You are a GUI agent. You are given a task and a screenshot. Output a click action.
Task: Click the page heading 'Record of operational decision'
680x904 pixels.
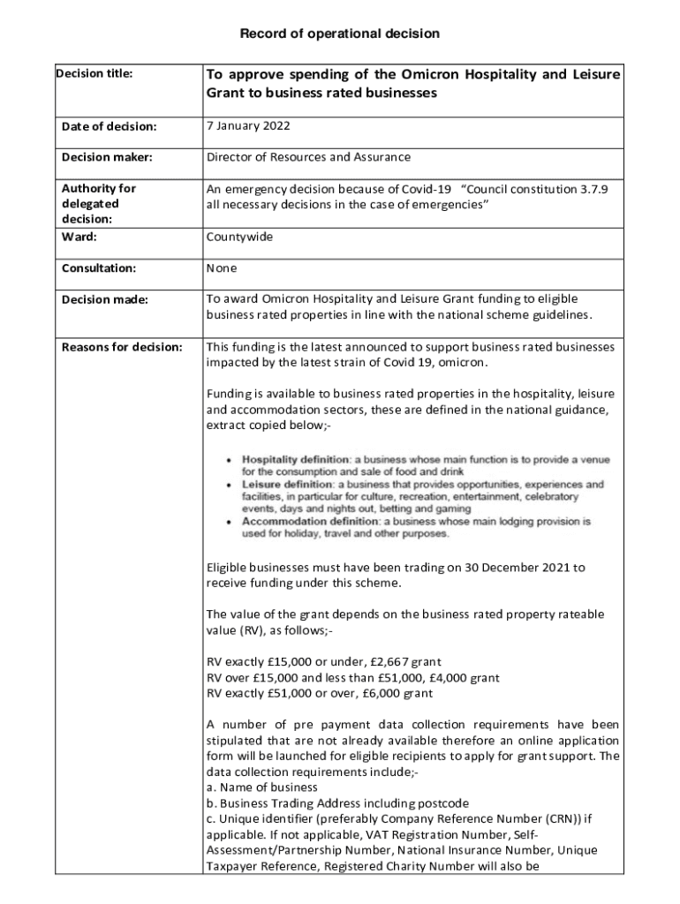tap(340, 34)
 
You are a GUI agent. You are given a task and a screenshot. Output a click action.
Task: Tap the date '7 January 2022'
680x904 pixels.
tap(248, 126)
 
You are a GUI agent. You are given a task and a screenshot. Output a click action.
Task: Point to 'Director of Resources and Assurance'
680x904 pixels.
tap(308, 157)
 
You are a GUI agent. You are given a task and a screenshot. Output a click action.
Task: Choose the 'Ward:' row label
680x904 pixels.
tap(79, 237)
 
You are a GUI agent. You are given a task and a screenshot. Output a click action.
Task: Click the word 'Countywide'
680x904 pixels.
tap(239, 237)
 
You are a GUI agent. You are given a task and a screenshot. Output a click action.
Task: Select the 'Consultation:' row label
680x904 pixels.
tap(99, 267)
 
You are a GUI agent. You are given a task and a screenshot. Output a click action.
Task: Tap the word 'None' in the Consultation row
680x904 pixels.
tap(222, 267)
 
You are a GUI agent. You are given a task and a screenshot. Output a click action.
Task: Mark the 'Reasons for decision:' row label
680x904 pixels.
tap(122, 347)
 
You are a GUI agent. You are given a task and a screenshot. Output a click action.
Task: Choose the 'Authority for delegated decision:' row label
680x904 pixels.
tap(99, 204)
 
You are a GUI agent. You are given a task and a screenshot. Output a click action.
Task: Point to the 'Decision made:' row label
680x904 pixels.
tap(105, 300)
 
